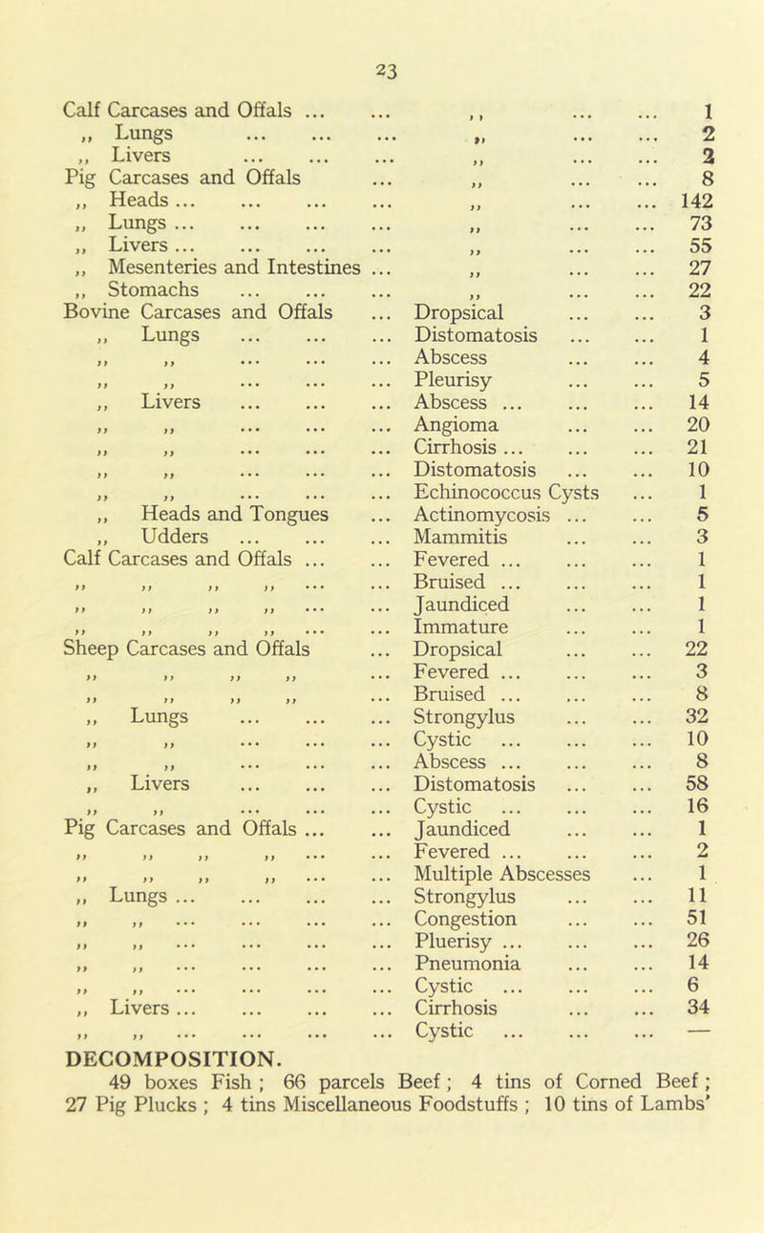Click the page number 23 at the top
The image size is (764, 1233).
pyautogui.click(x=381, y=68)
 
